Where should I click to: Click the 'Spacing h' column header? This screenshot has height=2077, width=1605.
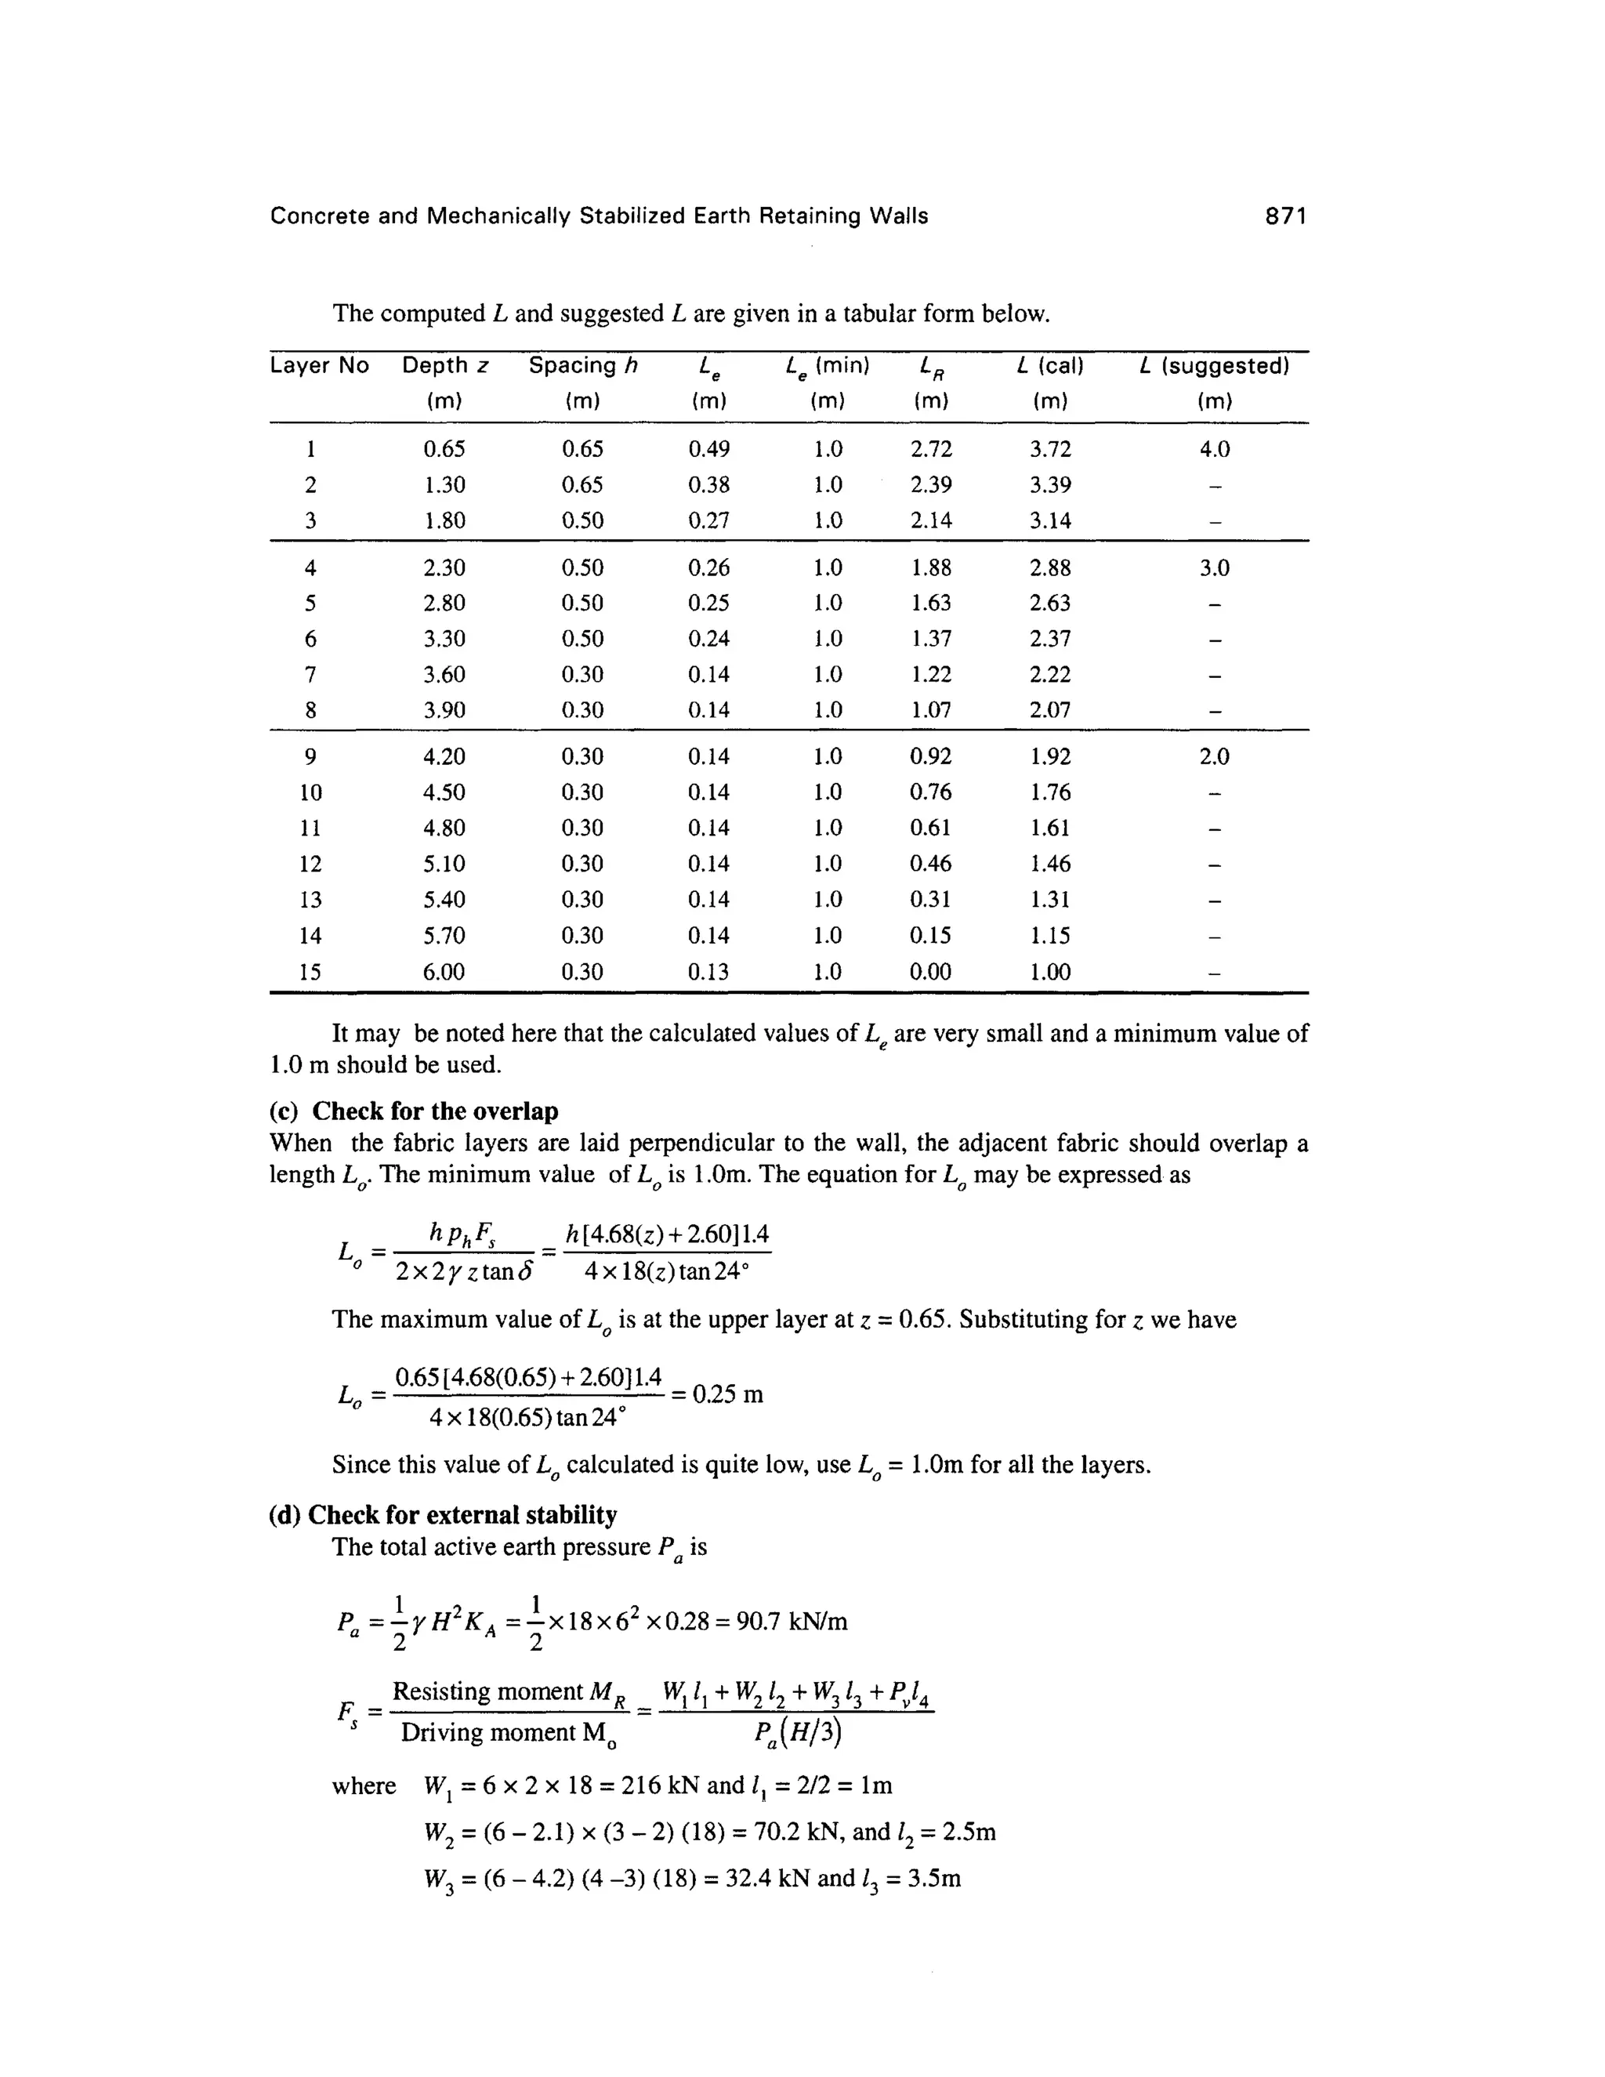582,366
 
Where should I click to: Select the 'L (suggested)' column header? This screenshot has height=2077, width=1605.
1213,366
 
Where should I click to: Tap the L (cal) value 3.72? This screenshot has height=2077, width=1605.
1049,449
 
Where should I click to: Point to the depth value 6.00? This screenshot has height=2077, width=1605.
444,972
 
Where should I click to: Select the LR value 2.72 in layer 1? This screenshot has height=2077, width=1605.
931,449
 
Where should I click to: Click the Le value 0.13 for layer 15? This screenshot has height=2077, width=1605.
708,972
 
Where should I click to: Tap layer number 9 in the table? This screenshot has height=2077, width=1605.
310,757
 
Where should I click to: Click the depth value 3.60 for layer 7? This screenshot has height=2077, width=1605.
444,674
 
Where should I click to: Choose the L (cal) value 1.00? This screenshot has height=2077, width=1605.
1049,972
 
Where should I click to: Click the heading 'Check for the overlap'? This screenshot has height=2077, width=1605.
434,1111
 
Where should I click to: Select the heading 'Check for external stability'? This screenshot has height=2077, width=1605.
462,1514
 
